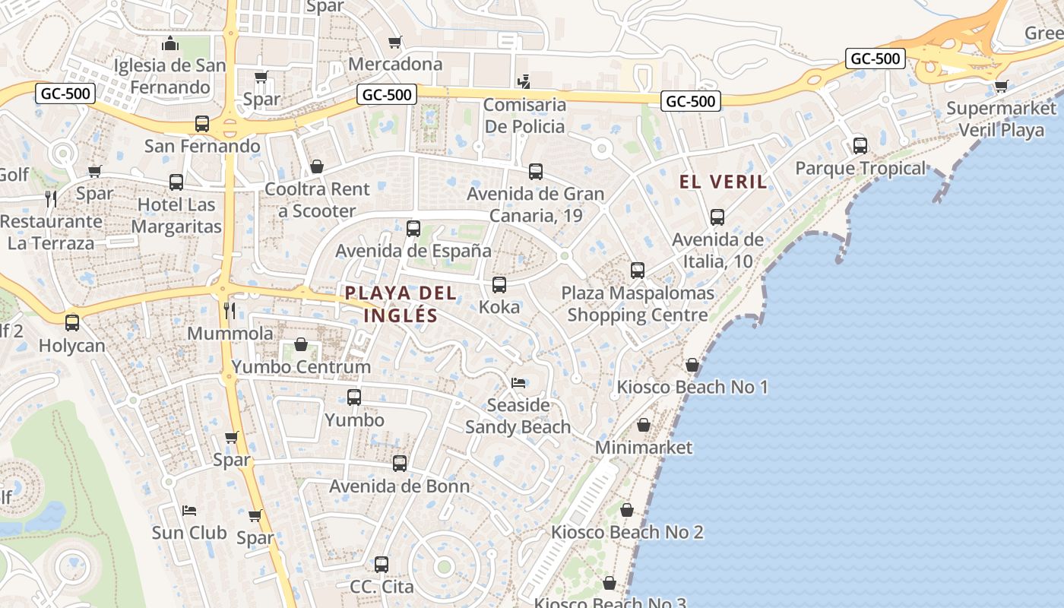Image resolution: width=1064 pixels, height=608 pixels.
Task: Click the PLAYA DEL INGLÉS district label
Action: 401,304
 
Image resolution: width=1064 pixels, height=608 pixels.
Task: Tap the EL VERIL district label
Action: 723,182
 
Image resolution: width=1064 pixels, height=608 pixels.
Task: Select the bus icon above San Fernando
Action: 202,123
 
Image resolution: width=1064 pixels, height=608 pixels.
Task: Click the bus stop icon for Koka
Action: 499,285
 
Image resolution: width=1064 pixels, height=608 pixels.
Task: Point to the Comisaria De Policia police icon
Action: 523,81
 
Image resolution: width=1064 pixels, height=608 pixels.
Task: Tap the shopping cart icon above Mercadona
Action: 394,42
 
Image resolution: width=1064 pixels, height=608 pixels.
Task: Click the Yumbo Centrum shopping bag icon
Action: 301,344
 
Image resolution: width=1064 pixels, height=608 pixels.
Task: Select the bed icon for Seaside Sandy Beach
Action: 518,382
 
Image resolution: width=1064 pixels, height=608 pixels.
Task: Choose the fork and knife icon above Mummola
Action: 229,310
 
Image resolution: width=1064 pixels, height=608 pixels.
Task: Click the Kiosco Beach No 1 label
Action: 692,388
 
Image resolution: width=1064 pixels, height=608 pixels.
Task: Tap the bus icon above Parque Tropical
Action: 860,145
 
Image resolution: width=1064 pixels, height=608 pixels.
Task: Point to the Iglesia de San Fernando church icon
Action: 171,43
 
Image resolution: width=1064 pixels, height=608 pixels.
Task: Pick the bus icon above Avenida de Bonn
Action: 400,463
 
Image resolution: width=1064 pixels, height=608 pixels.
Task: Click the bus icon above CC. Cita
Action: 382,565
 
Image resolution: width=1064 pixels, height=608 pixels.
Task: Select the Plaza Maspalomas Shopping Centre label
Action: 638,304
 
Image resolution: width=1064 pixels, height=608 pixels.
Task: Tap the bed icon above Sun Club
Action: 189,510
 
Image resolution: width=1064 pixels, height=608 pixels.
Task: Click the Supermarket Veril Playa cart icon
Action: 1001,86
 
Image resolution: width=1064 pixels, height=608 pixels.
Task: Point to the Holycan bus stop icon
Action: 72,323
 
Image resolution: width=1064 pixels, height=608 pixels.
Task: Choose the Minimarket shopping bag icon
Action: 644,425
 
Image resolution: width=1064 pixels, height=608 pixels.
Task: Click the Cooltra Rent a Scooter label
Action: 317,200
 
